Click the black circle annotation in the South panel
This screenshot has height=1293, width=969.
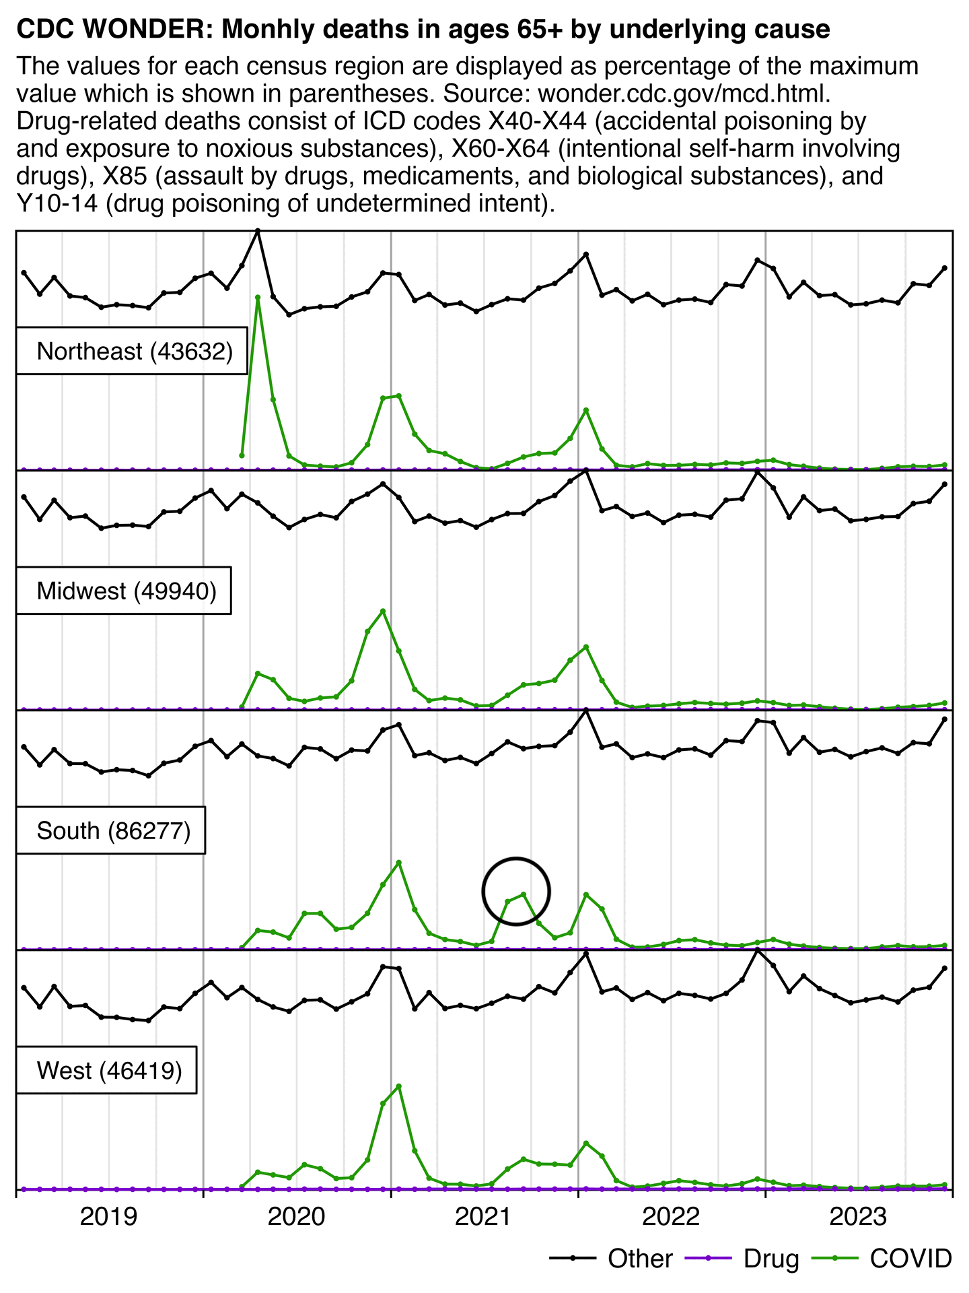(x=516, y=891)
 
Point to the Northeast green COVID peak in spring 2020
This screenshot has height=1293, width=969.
(x=258, y=296)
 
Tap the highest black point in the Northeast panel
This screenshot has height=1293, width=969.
(x=258, y=231)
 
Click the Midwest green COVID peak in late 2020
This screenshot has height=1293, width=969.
(x=383, y=611)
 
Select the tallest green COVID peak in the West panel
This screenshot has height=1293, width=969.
(x=399, y=1086)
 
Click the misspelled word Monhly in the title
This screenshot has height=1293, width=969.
(x=262, y=30)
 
